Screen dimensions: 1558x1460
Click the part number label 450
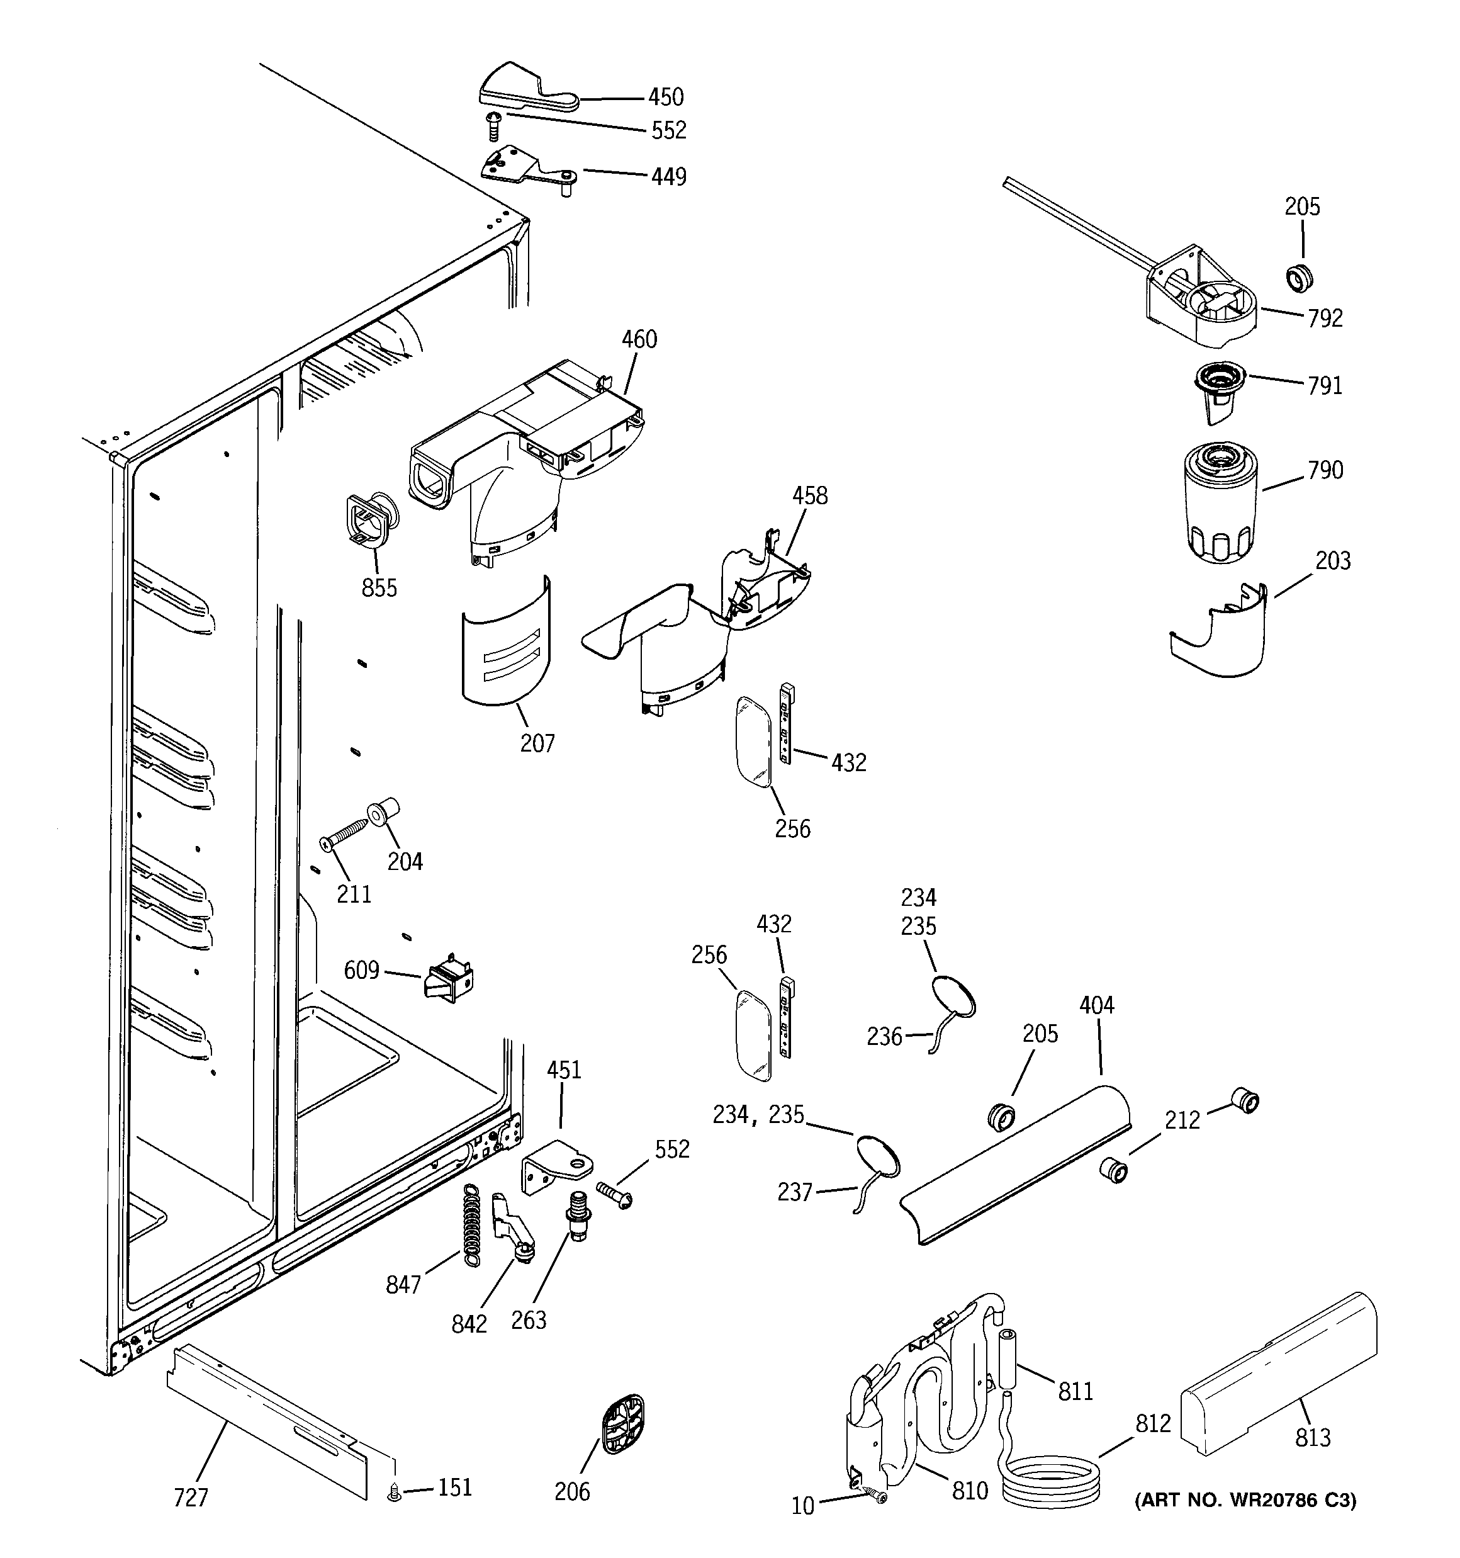[665, 97]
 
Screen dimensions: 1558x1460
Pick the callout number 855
[379, 588]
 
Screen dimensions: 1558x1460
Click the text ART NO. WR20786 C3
[1245, 1500]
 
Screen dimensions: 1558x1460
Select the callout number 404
[1096, 1005]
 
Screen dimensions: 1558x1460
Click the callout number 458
[809, 495]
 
